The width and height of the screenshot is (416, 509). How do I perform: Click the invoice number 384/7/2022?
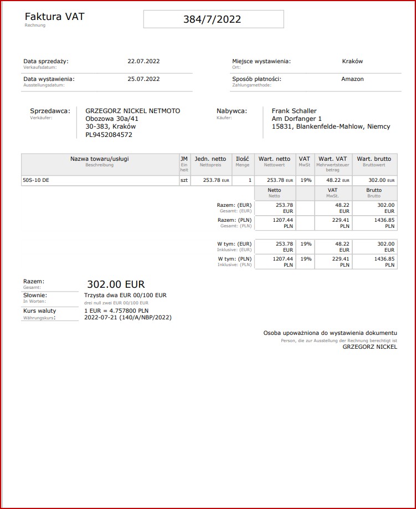212,19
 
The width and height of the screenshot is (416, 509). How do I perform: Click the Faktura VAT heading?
54,17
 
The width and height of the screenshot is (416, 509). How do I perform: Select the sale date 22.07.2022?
143,62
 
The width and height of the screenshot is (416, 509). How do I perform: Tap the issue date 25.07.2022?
143,79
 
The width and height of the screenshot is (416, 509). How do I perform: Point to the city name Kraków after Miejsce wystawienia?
352,62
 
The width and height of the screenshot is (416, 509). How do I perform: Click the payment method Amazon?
352,79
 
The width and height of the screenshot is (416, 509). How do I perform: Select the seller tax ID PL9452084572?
109,135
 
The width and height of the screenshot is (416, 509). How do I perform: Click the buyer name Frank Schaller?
294,111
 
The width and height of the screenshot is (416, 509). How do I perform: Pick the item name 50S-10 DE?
35,180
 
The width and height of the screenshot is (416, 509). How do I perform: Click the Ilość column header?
242,159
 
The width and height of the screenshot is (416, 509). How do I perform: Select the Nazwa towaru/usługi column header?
100,159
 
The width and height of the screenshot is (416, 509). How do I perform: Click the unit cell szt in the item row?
184,180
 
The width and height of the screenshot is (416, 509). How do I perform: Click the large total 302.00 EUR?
116,284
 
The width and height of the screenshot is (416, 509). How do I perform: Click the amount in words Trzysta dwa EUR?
125,296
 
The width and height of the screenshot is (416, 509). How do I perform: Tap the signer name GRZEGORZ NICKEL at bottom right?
369,347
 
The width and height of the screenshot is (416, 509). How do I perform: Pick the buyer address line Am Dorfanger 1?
297,119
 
